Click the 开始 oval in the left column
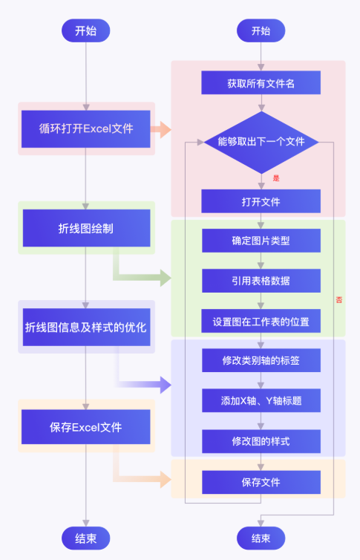point(86,30)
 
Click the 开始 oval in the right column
point(261,30)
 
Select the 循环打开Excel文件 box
point(86,128)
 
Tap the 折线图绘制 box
point(86,228)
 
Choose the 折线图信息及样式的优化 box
point(86,327)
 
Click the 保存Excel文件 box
point(86,427)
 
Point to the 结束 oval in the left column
point(86,538)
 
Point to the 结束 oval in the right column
point(261,538)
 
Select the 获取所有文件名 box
point(261,83)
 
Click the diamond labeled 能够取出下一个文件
point(261,141)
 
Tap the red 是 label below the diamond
point(276,178)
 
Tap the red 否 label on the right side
point(339,299)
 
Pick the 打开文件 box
point(261,201)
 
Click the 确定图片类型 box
point(261,241)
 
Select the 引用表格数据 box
point(261,281)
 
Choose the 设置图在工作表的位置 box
point(261,322)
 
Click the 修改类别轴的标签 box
point(261,361)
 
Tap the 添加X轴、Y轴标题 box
point(261,401)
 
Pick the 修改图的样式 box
point(261,441)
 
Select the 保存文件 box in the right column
point(261,482)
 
